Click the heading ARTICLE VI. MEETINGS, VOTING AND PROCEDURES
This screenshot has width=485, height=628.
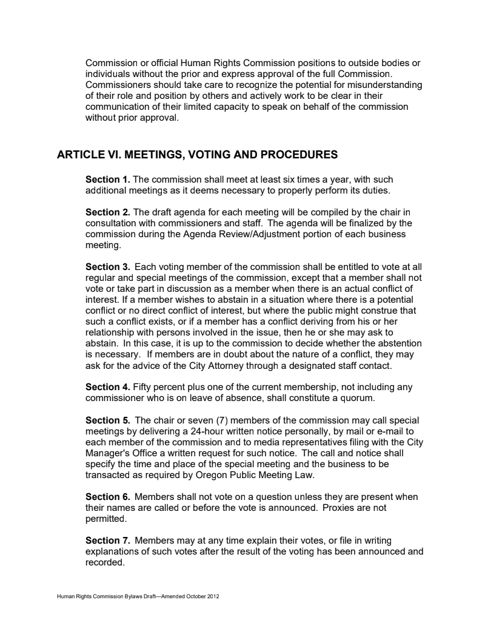tap(197, 155)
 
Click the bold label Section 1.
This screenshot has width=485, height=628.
tap(108, 180)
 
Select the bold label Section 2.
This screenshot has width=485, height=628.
tap(108, 212)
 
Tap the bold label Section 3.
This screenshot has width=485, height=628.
tap(108, 267)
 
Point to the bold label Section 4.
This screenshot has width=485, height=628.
tap(108, 387)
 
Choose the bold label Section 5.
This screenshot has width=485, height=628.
tap(108, 420)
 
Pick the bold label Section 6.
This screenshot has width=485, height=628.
tap(108, 497)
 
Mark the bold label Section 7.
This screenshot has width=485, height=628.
tap(108, 541)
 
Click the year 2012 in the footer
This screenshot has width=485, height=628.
tap(212, 597)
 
